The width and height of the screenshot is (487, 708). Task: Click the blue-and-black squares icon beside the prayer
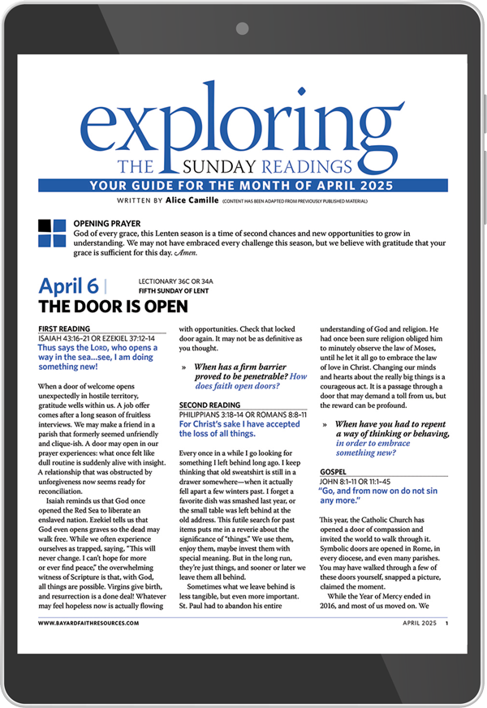click(x=53, y=233)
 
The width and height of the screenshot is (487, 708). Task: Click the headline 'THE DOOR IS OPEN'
click(x=113, y=307)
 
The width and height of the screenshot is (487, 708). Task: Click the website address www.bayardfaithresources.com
click(x=88, y=624)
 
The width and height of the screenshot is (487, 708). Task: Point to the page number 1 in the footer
click(x=446, y=624)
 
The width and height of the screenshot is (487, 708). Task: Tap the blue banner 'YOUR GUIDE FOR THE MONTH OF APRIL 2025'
click(x=243, y=186)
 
